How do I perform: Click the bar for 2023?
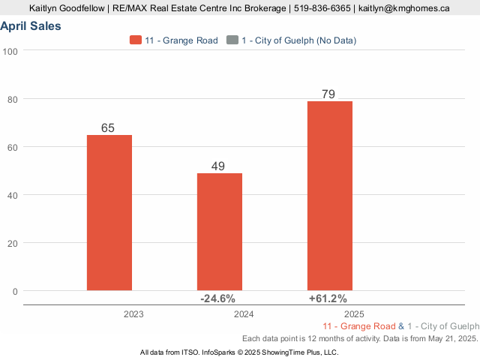pyautogui.click(x=109, y=212)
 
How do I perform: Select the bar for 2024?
pyautogui.click(x=220, y=232)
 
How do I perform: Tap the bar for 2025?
pyautogui.click(x=330, y=196)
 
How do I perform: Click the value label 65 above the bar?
pyautogui.click(x=108, y=128)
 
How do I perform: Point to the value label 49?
pyautogui.click(x=218, y=166)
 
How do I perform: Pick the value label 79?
pyautogui.click(x=328, y=94)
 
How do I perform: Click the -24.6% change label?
pyautogui.click(x=217, y=298)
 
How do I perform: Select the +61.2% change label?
pyautogui.click(x=328, y=298)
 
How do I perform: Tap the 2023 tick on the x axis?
pyautogui.click(x=133, y=314)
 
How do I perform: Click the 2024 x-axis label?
pyautogui.click(x=244, y=314)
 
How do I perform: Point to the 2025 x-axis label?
pyautogui.click(x=354, y=314)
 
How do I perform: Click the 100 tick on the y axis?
pyautogui.click(x=11, y=51)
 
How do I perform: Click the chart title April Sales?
pyautogui.click(x=31, y=26)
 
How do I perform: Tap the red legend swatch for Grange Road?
pyautogui.click(x=136, y=40)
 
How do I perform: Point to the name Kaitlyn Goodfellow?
pyautogui.click(x=65, y=8)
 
